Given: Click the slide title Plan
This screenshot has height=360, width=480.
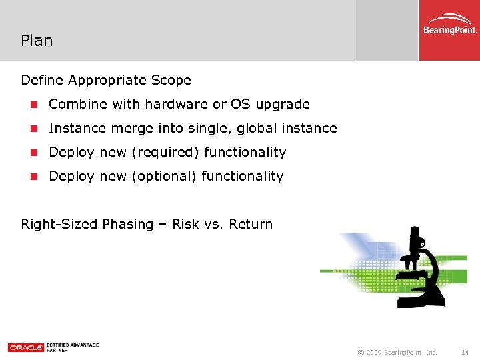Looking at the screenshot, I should tap(37, 41).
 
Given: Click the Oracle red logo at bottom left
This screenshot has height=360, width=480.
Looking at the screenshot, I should tap(26, 347).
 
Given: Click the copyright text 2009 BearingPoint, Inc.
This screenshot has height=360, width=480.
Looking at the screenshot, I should tap(397, 351).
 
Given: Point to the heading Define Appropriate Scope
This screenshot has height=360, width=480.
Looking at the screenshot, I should tap(106, 80).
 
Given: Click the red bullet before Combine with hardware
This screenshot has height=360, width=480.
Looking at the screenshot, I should tap(33, 105).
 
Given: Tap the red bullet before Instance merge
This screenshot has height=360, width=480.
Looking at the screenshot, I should tap(33, 129).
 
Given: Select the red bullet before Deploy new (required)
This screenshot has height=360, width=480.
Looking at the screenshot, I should tap(33, 153).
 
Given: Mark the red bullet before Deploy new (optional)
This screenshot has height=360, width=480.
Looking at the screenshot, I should tap(33, 177).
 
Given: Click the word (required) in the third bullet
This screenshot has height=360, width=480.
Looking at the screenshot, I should tap(166, 152).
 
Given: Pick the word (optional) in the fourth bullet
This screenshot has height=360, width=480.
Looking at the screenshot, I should tap(165, 176).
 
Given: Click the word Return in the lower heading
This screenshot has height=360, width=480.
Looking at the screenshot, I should tap(251, 224).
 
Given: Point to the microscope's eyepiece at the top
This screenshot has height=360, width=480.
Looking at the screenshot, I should tap(415, 235).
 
